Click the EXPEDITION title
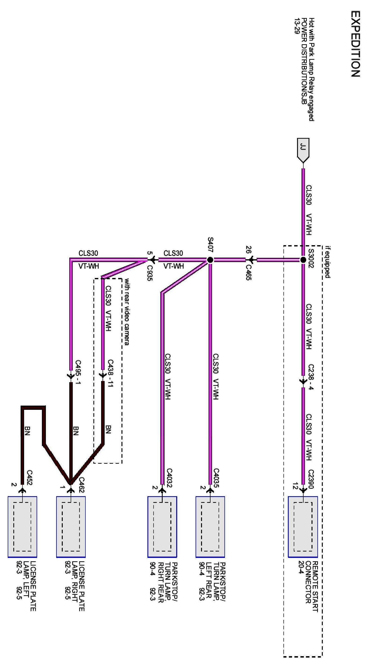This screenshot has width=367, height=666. [355, 44]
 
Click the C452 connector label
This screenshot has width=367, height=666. [29, 478]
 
